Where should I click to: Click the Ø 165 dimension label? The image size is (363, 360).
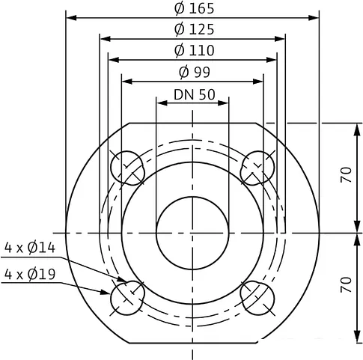point(193,9)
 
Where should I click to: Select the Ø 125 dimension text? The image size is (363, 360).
point(193,30)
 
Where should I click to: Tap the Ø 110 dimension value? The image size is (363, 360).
point(193,50)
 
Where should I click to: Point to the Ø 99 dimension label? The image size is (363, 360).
point(193,72)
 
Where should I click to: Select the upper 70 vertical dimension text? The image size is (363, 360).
point(345,177)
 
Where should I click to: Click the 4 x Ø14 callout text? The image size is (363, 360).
point(29,247)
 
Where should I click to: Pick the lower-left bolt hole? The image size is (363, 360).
point(126,298)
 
